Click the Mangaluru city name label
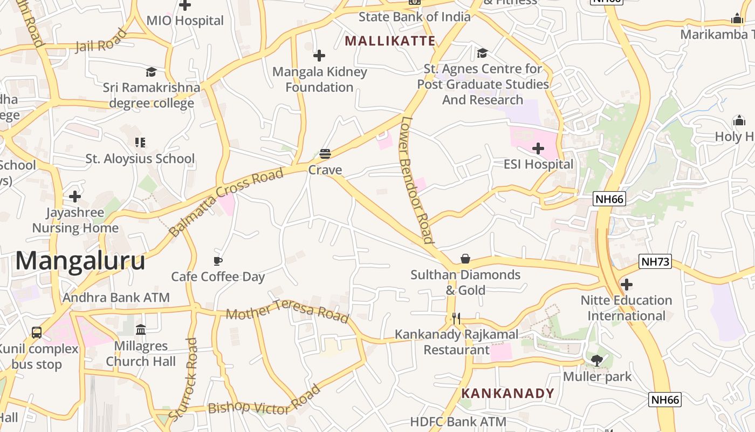pos(80,261)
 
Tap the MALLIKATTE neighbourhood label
pos(390,41)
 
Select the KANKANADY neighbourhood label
pos(507,393)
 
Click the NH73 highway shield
pos(655,262)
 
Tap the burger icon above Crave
pos(325,154)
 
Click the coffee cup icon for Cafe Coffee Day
pos(218,261)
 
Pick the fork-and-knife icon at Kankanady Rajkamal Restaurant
pos(456,319)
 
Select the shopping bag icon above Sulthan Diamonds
pos(465,259)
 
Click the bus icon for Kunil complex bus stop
pos(37,333)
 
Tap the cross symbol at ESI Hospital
pos(538,148)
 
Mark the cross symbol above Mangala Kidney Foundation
pos(319,56)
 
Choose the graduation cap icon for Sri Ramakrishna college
pos(151,72)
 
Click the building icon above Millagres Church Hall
pos(141,329)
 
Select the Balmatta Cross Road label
pos(226,202)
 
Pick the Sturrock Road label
pos(183,379)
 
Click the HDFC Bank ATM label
pos(458,422)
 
